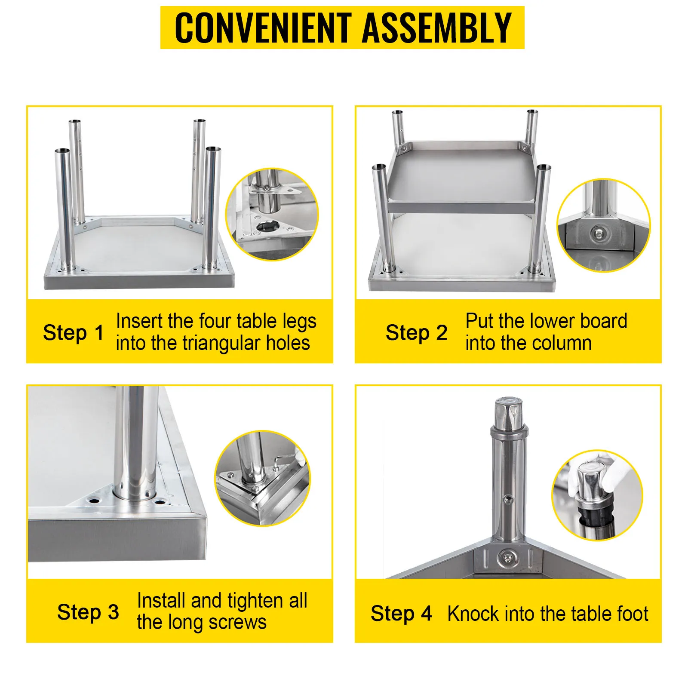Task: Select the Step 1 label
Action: tap(74, 333)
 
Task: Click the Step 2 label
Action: tap(416, 333)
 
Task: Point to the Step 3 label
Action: tap(88, 612)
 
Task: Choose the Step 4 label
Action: tap(401, 614)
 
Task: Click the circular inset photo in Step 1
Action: tap(272, 214)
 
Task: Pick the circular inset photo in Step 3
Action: tap(262, 478)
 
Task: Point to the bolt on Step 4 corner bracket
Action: tap(507, 558)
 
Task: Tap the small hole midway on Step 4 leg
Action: tap(509, 499)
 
